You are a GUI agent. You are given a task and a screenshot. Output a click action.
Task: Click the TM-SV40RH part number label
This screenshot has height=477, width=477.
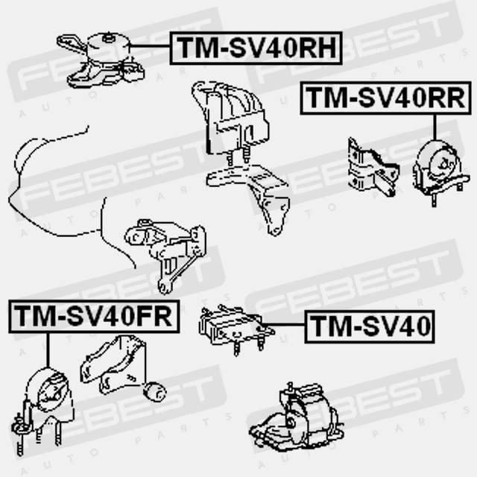(x=256, y=48)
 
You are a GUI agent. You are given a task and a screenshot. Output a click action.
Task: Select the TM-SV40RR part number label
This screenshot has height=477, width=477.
(x=386, y=98)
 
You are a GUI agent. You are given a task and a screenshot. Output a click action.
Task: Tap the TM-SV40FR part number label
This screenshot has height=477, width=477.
(x=93, y=316)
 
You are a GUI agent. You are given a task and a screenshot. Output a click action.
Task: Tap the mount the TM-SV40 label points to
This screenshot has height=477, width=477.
(x=231, y=326)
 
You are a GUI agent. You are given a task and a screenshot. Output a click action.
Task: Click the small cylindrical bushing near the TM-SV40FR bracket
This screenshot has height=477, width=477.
(x=156, y=391)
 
